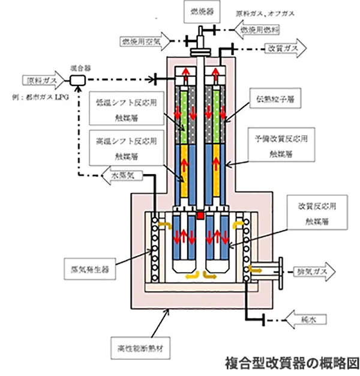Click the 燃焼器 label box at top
(x=197, y=11)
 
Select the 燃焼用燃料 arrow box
(x=266, y=29)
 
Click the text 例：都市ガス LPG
(x=40, y=96)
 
